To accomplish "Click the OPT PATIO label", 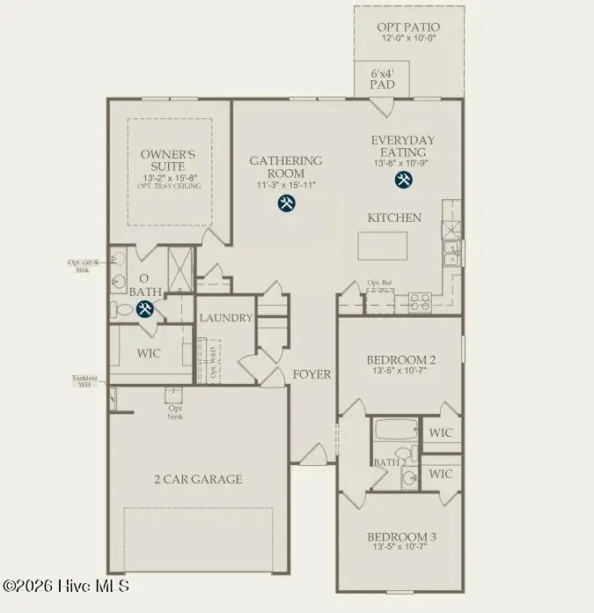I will click(x=409, y=27).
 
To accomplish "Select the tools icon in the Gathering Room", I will click(x=286, y=203).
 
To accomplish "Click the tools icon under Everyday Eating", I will click(x=404, y=180).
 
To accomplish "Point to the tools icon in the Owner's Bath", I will click(x=145, y=308).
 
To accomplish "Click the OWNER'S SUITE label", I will click(x=168, y=161).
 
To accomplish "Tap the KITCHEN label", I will click(x=394, y=218).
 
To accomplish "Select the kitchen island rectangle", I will click(x=384, y=246).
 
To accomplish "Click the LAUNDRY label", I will click(x=226, y=318).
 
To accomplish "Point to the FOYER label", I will click(x=312, y=374).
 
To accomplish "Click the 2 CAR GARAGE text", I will click(x=198, y=479).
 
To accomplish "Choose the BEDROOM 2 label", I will click(x=400, y=360).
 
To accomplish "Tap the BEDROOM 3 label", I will click(x=400, y=537).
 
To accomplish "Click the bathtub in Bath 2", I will click(x=394, y=432).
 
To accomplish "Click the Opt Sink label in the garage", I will click(x=176, y=410).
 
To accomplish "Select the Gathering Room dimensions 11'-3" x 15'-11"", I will click(x=285, y=186).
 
